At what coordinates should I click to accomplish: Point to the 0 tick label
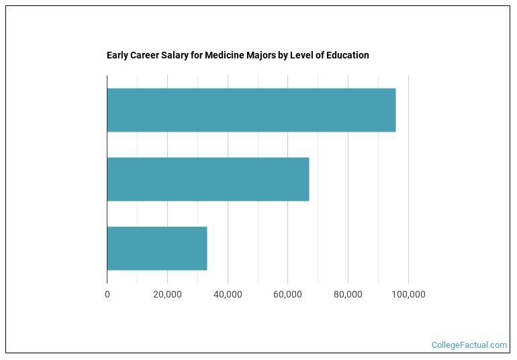(x=107, y=294)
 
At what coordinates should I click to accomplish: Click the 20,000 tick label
(x=167, y=294)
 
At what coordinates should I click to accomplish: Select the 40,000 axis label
(x=228, y=294)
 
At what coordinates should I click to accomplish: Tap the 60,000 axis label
(x=287, y=294)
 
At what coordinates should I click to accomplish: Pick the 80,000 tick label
(x=348, y=294)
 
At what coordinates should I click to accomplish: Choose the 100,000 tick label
(x=408, y=294)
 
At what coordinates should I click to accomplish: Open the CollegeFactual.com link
(x=469, y=345)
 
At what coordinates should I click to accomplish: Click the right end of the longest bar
(x=395, y=110)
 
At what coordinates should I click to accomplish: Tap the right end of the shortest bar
(x=207, y=249)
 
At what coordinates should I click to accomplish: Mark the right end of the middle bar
(x=309, y=179)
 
